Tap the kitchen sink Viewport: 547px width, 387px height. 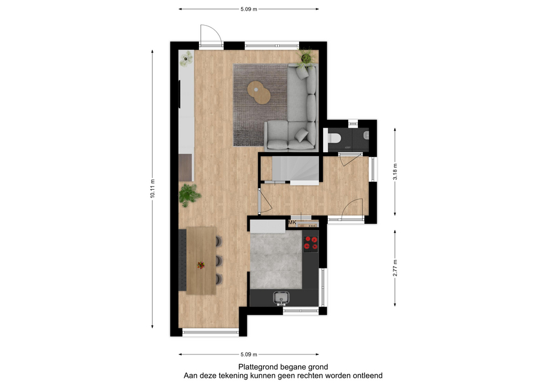(x=281, y=298)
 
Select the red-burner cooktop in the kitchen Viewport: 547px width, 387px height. (x=311, y=243)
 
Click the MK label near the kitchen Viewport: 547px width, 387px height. (x=292, y=222)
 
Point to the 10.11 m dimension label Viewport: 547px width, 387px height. (x=153, y=189)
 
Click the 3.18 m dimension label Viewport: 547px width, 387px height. (x=395, y=172)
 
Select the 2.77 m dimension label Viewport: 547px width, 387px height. (x=395, y=268)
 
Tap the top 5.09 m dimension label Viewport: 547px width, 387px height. (x=249, y=9)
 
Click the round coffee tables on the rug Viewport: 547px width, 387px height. (x=259, y=92)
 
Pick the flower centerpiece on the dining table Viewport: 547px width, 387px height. (x=201, y=265)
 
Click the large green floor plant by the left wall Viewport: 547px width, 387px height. (x=189, y=195)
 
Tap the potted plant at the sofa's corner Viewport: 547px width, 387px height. (x=306, y=57)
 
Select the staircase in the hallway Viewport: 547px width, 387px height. (x=296, y=170)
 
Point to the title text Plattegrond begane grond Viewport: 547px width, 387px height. (x=283, y=366)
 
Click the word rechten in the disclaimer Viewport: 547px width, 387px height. (x=291, y=376)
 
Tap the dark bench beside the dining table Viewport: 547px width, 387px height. (x=182, y=260)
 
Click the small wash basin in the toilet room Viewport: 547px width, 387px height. (x=366, y=135)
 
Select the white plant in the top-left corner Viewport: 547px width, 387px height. (x=186, y=59)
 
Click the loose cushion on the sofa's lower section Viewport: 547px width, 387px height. (x=302, y=135)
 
